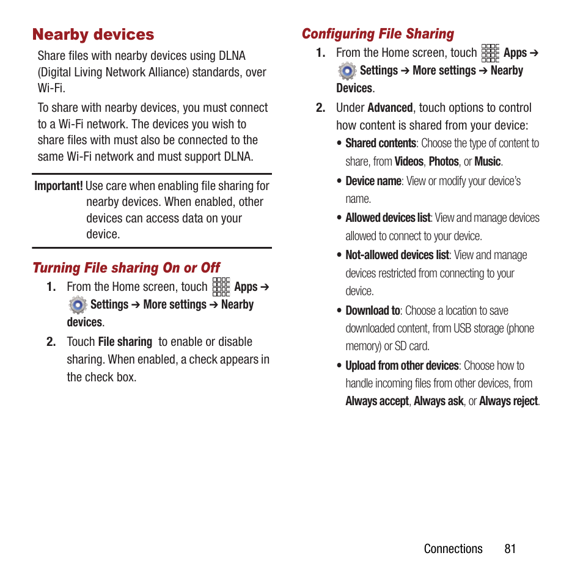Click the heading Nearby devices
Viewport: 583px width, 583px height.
point(94,35)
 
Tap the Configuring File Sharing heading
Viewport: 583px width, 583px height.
point(378,34)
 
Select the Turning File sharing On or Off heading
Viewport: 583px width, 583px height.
point(126,268)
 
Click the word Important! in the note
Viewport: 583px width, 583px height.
point(59,186)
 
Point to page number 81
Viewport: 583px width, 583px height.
point(510,549)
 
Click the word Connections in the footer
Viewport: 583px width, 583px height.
point(453,549)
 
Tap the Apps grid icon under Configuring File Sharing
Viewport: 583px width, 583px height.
point(490,53)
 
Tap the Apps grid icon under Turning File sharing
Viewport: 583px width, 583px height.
point(221,287)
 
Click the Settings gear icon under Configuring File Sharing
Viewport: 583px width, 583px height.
point(347,71)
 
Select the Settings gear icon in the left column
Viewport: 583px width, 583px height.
point(78,305)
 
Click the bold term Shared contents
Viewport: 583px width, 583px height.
point(381,144)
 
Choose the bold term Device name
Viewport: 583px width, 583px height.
point(373,181)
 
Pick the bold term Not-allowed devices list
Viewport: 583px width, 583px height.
point(397,255)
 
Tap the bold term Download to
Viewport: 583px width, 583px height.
point(373,310)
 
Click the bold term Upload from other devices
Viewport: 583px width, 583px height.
point(402,365)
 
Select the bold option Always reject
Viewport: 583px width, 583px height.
point(508,402)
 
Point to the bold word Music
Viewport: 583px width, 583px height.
point(487,162)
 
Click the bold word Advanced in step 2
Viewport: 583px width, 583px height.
point(390,108)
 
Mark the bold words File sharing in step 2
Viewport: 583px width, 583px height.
point(125,342)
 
